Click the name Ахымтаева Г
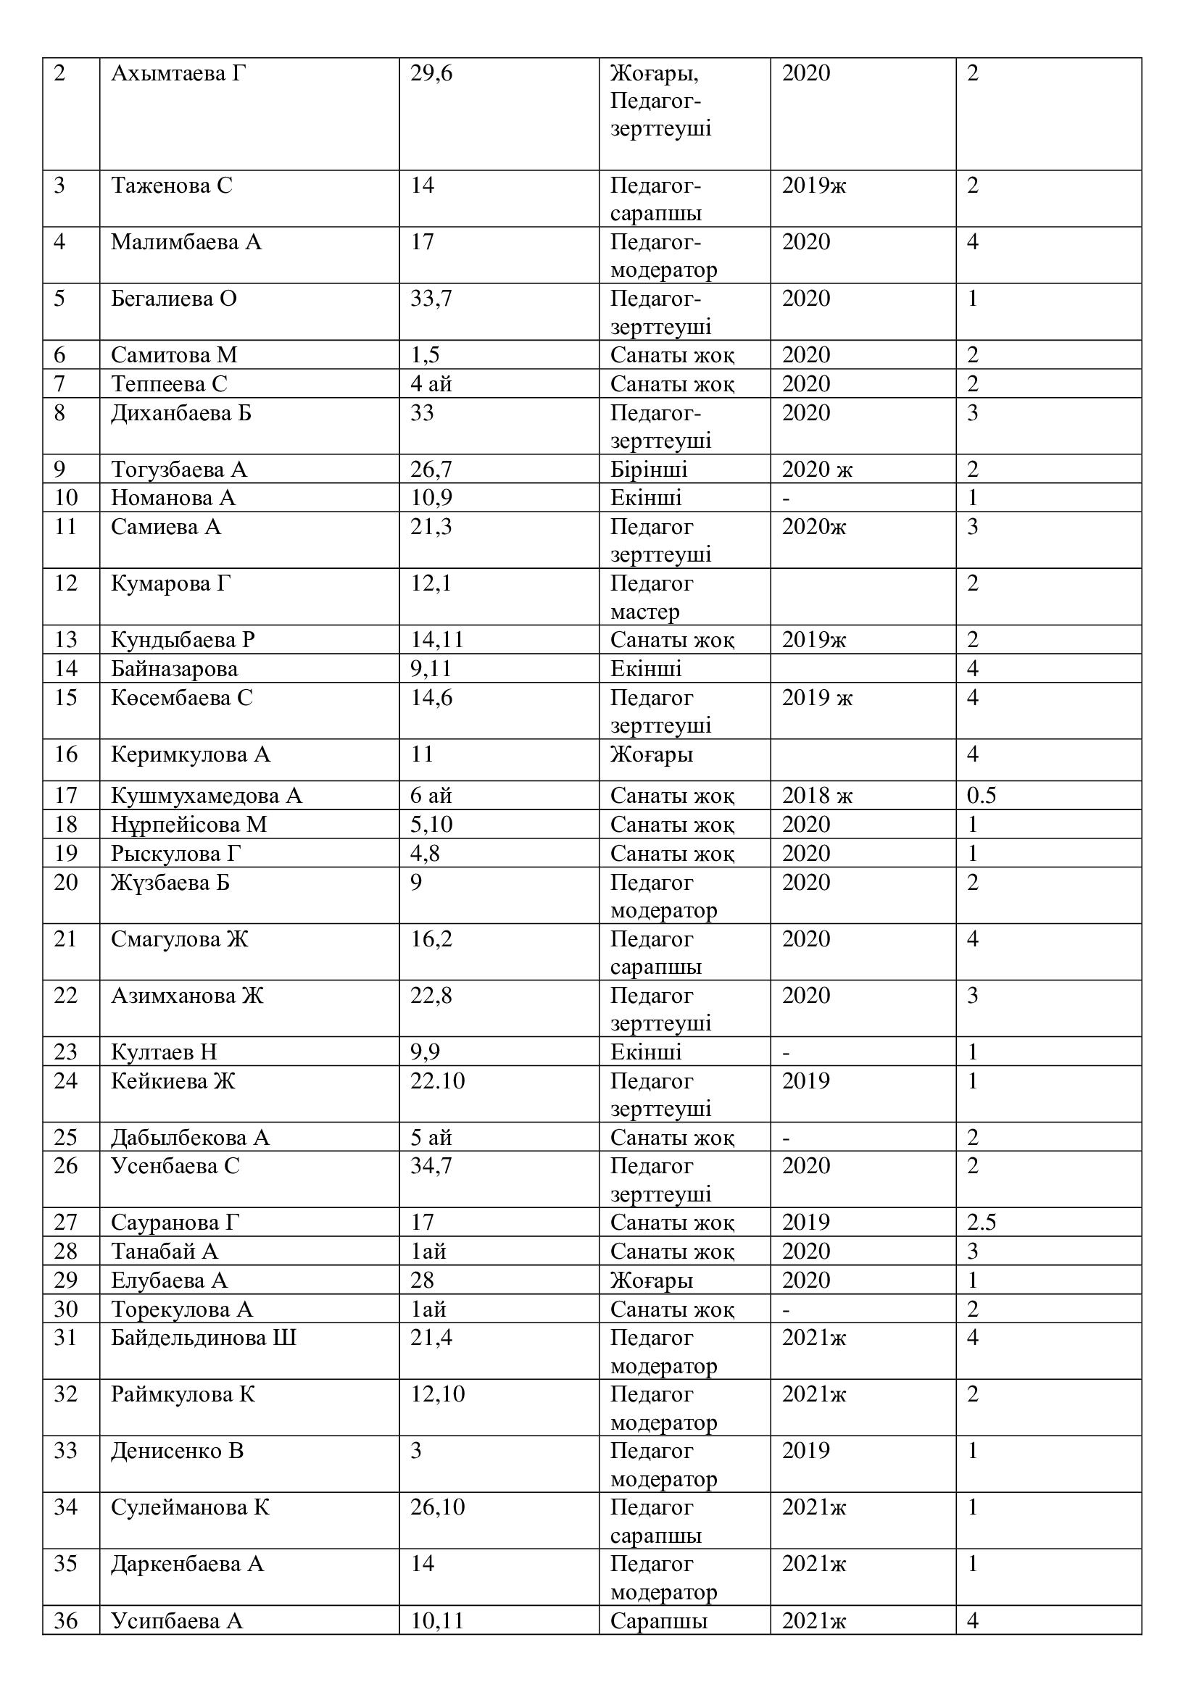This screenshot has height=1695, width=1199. [178, 74]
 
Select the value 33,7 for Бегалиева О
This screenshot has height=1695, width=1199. [431, 299]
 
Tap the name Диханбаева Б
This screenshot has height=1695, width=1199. [182, 412]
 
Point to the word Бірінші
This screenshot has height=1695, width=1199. [648, 470]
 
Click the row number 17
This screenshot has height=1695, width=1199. [66, 796]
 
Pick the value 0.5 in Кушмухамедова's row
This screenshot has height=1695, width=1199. [982, 796]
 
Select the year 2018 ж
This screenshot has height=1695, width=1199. [816, 796]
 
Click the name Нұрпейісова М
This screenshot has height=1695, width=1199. [189, 825]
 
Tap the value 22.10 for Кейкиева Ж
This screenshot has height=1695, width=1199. [438, 1081]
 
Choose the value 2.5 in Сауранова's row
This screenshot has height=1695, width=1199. [982, 1223]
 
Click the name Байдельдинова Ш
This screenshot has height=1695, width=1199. [204, 1338]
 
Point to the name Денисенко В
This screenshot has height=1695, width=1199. [177, 1451]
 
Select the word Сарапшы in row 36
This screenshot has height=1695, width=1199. [658, 1621]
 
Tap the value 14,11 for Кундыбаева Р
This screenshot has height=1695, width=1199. [437, 640]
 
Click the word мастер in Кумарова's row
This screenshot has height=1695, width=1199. [644, 612]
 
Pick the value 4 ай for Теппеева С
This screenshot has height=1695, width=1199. [431, 385]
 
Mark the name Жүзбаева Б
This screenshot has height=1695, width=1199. [170, 883]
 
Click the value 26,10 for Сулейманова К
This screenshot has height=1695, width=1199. [438, 1507]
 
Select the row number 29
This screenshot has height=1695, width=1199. [66, 1280]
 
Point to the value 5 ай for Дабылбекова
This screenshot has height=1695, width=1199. [431, 1138]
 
